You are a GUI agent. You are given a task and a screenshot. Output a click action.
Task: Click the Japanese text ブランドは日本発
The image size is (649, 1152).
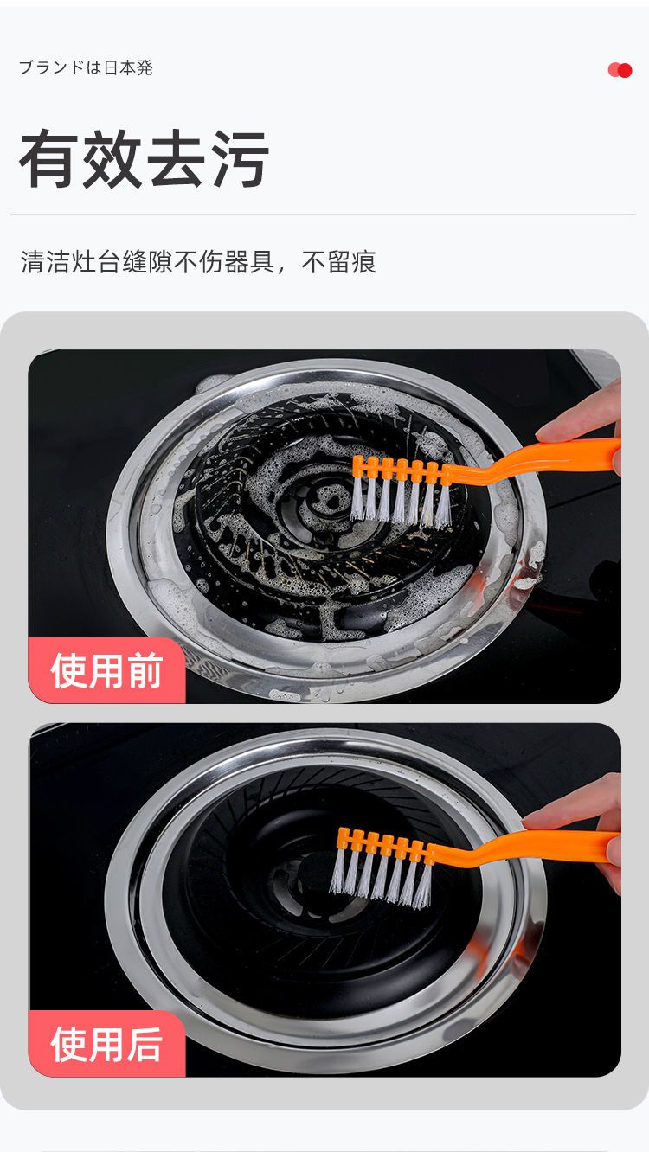(x=86, y=67)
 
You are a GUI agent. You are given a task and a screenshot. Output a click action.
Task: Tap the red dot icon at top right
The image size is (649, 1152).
(x=620, y=70)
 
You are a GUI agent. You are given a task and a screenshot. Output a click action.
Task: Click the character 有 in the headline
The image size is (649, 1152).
(x=50, y=160)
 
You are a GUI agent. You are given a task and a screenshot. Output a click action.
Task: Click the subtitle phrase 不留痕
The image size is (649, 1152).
(x=338, y=263)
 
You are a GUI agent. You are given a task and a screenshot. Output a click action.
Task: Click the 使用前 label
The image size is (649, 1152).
(x=106, y=671)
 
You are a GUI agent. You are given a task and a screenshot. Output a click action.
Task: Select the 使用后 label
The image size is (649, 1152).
(x=106, y=1045)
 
